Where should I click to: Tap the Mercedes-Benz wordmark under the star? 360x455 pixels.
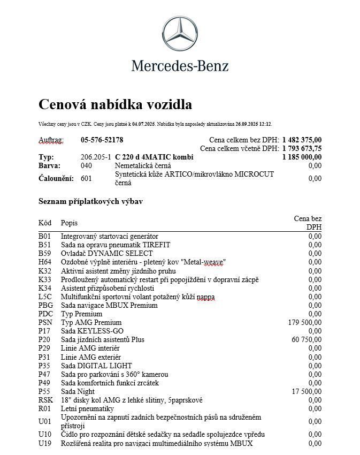(x=180, y=66)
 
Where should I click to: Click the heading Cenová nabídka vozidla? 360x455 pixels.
(x=115, y=104)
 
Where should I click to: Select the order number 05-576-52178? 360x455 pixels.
(x=102, y=140)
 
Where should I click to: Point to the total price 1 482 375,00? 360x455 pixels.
(x=302, y=140)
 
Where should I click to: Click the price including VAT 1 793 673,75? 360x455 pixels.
(x=302, y=149)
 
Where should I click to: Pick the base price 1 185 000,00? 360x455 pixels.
(x=302, y=157)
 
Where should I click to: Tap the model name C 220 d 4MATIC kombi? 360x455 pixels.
(x=154, y=157)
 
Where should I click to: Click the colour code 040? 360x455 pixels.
(x=86, y=166)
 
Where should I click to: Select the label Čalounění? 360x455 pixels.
(x=56, y=178)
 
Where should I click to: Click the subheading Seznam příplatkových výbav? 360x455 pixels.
(x=90, y=202)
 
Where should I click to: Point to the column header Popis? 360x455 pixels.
(x=69, y=223)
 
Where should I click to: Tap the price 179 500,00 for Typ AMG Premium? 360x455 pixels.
(x=305, y=322)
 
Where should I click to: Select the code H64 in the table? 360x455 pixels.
(x=45, y=262)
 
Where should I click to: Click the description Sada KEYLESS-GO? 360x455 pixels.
(x=92, y=331)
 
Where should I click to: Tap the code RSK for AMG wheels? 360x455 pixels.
(x=45, y=400)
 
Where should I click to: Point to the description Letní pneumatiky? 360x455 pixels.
(x=87, y=408)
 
